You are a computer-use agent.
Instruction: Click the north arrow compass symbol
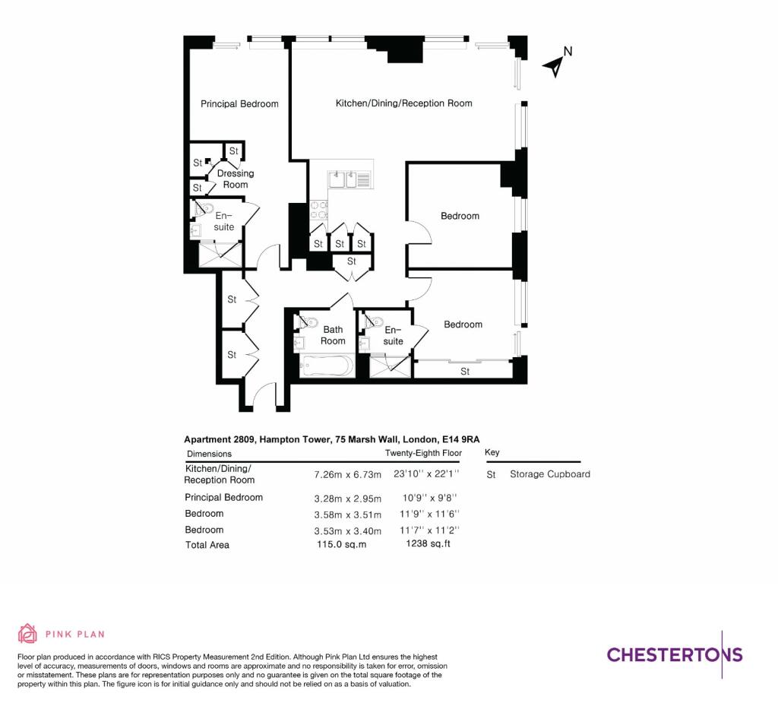point(558,63)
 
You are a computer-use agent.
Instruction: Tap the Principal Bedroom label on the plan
point(239,104)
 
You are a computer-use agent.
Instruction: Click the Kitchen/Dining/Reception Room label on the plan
point(403,103)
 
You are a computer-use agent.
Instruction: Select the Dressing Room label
point(236,179)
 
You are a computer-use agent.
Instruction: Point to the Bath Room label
point(333,335)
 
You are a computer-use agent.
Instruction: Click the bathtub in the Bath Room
point(326,366)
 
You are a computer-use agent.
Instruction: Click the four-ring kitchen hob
point(318,210)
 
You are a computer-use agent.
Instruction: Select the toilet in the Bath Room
point(306,322)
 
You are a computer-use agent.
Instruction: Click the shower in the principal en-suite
point(220,253)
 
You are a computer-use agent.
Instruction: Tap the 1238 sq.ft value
point(429,544)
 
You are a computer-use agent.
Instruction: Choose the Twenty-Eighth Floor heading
point(423,453)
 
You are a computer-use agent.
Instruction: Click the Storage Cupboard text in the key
point(549,474)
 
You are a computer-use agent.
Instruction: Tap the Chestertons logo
point(674,654)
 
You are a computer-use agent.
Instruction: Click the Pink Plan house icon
point(27,633)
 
